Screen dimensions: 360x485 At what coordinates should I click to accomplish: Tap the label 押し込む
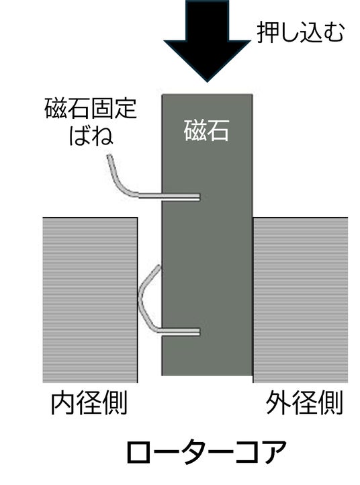(301, 32)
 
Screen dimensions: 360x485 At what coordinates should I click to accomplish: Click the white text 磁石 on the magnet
(206, 130)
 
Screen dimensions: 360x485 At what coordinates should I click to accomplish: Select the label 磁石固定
(90, 108)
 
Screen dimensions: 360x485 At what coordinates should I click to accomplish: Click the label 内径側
(89, 403)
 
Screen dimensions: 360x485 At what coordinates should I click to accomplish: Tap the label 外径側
(304, 403)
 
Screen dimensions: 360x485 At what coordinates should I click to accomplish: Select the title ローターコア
(206, 452)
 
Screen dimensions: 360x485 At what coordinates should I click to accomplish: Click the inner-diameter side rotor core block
(90, 300)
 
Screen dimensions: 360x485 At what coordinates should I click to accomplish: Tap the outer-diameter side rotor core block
(300, 300)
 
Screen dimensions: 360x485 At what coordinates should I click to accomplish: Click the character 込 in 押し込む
(311, 32)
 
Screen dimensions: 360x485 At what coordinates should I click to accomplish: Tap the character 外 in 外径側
(278, 403)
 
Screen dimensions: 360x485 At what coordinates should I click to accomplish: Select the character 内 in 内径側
(62, 403)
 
